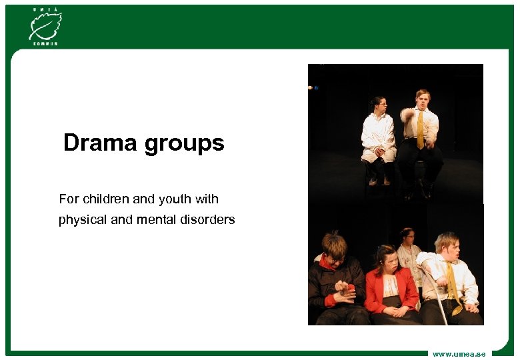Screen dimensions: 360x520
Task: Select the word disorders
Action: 207,219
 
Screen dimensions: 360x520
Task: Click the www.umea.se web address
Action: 459,354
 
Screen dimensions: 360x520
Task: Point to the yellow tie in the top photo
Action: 420,130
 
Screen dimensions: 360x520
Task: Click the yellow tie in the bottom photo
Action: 453,280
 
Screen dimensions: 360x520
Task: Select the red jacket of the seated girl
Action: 392,290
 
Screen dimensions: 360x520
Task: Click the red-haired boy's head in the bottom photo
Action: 333,245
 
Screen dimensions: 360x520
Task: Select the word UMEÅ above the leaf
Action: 45,8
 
